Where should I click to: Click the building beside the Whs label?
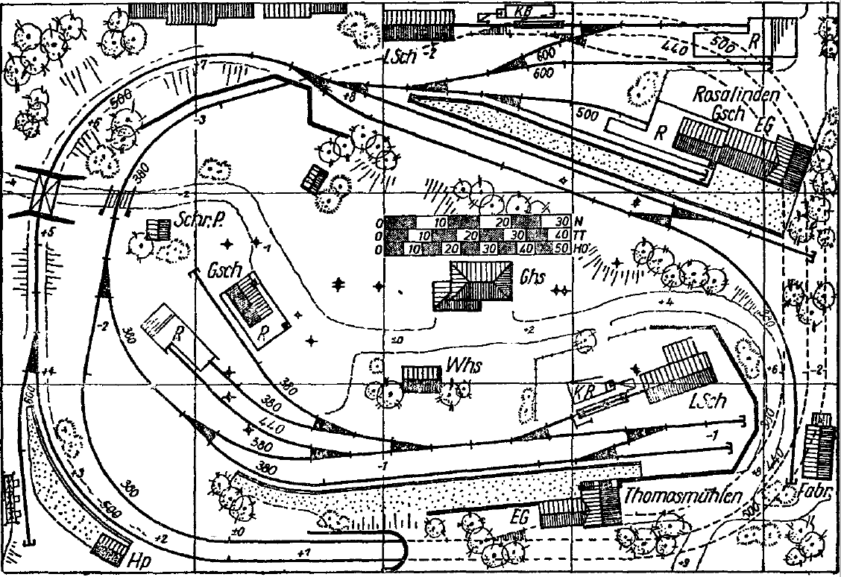(421, 376)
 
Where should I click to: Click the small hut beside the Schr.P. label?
(157, 229)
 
